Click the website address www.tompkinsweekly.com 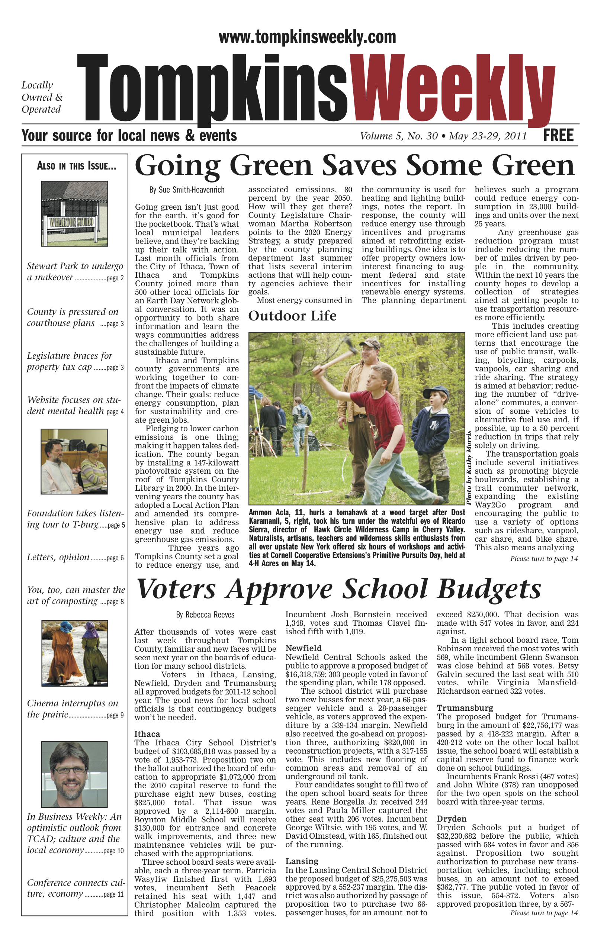pos(307,38)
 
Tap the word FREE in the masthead pos(558,135)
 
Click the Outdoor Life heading pos(292,316)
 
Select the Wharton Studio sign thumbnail pos(74,213)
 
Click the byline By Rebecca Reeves pos(205,615)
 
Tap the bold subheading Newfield pos(303,648)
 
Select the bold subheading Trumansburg pos(459,708)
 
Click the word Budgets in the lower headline pos(489,589)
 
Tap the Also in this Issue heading pos(77,166)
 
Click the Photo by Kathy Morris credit pos(469,468)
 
